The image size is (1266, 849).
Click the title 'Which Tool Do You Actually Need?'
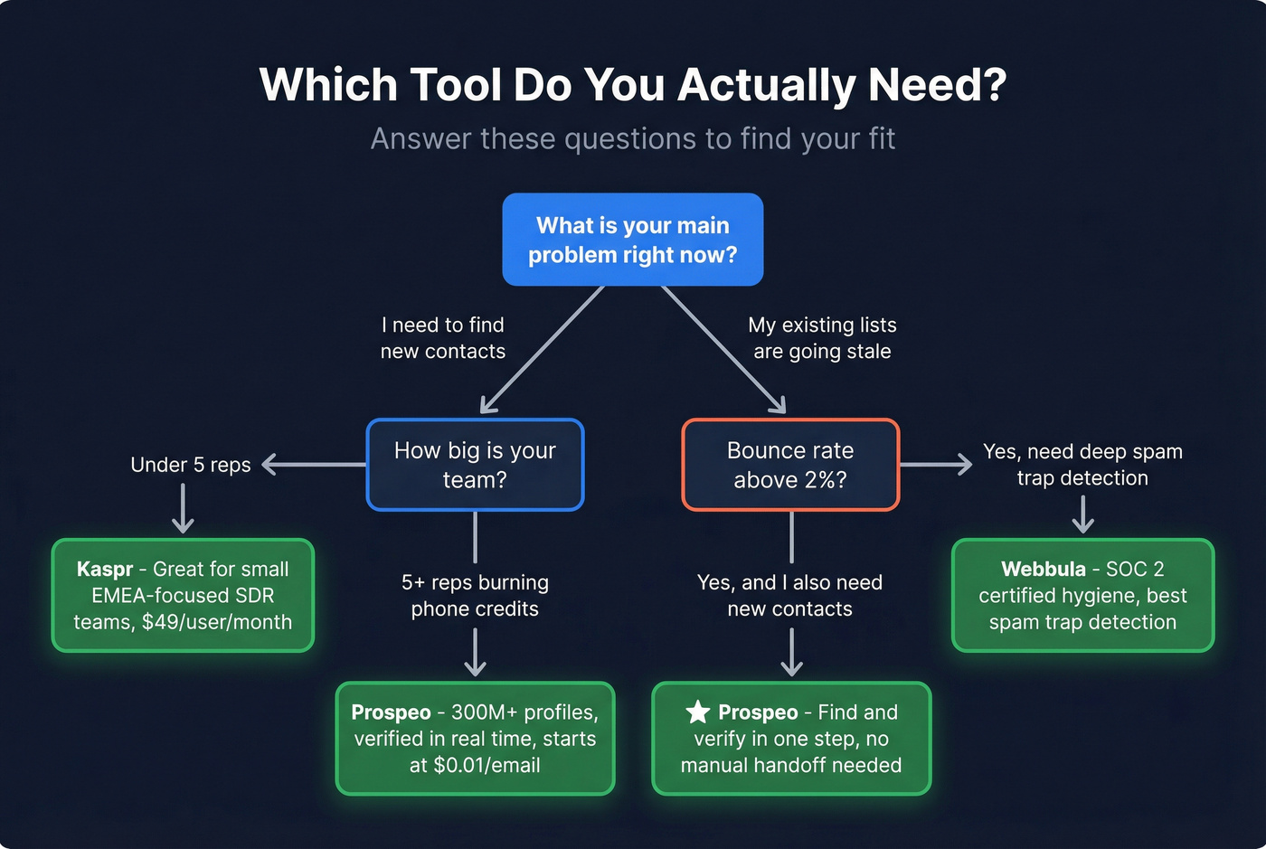click(x=633, y=85)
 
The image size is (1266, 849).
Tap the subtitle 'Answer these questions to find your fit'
click(x=633, y=139)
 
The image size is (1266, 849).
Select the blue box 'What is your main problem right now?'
click(x=633, y=240)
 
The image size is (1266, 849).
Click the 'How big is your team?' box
click(x=475, y=465)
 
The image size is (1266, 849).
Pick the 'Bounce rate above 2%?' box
click(x=790, y=465)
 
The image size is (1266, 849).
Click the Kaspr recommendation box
click(x=183, y=596)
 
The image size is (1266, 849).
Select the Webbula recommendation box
click(x=1082, y=596)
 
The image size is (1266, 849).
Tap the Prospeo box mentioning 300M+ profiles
click(x=475, y=739)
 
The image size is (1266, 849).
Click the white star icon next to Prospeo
click(x=697, y=712)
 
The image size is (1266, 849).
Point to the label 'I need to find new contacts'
click(x=442, y=338)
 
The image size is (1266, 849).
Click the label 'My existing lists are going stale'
click(x=822, y=338)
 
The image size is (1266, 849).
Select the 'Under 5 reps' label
click(x=190, y=465)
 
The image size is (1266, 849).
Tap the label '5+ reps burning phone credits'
click(x=475, y=596)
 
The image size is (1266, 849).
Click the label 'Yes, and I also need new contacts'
click(x=790, y=596)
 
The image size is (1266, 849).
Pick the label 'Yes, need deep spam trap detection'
click(x=1082, y=465)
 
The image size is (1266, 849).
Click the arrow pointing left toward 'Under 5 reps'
click(x=312, y=465)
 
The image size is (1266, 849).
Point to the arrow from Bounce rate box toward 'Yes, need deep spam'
click(x=936, y=465)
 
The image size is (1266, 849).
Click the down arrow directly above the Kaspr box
click(x=183, y=508)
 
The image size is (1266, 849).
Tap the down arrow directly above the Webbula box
click(x=1082, y=515)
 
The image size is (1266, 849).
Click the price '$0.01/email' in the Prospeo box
click(x=487, y=766)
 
